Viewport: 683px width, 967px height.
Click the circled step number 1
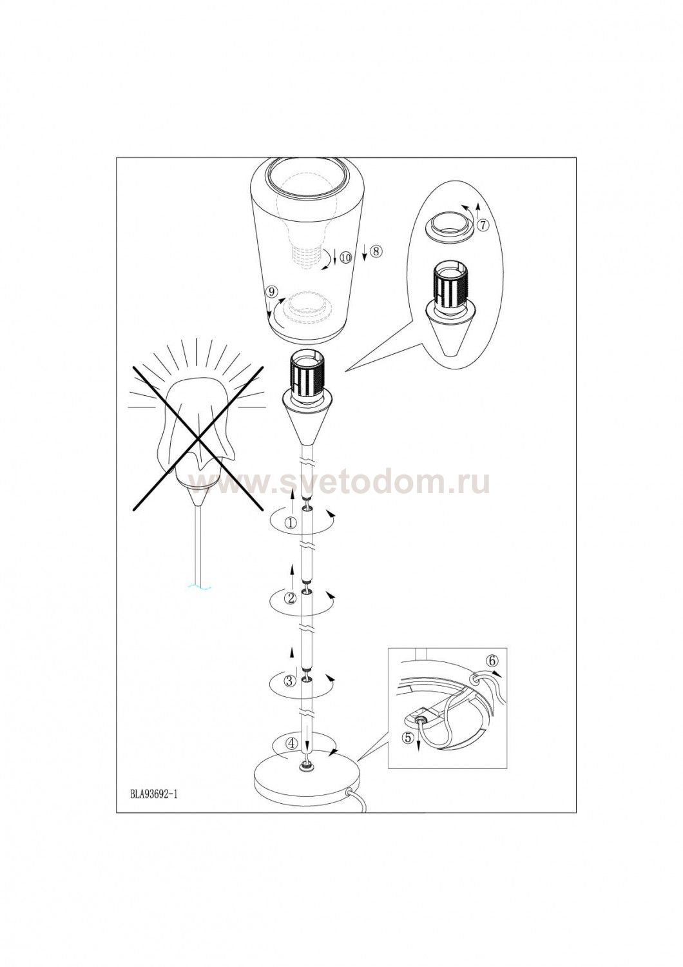[x=291, y=523]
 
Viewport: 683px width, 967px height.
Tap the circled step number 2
[x=291, y=598]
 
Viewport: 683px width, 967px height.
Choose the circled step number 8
[x=376, y=251]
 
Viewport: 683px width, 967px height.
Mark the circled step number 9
[x=271, y=291]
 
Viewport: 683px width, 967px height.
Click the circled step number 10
[x=345, y=258]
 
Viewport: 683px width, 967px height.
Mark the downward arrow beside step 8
[x=365, y=252]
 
